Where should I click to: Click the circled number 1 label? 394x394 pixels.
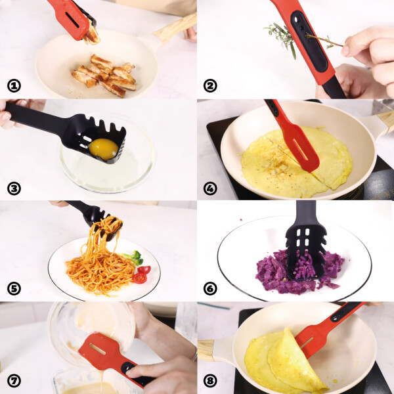14,86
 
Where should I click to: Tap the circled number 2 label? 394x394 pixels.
210,86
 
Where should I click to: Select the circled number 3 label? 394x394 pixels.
14,188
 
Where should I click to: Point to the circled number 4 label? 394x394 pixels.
210,188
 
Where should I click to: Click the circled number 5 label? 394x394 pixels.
14,288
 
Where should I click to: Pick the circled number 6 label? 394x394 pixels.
210,288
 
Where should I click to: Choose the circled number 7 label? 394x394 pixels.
14,381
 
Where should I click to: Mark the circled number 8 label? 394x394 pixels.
210,381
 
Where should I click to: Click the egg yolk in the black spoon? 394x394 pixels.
104,149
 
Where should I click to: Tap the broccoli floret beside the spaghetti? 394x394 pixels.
134,257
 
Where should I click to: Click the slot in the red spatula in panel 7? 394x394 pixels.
97,349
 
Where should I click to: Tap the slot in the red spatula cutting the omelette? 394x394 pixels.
300,150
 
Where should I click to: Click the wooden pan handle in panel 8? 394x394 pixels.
206,350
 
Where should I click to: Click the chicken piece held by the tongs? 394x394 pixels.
92,35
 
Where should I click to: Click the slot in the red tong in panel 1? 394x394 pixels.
72,20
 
